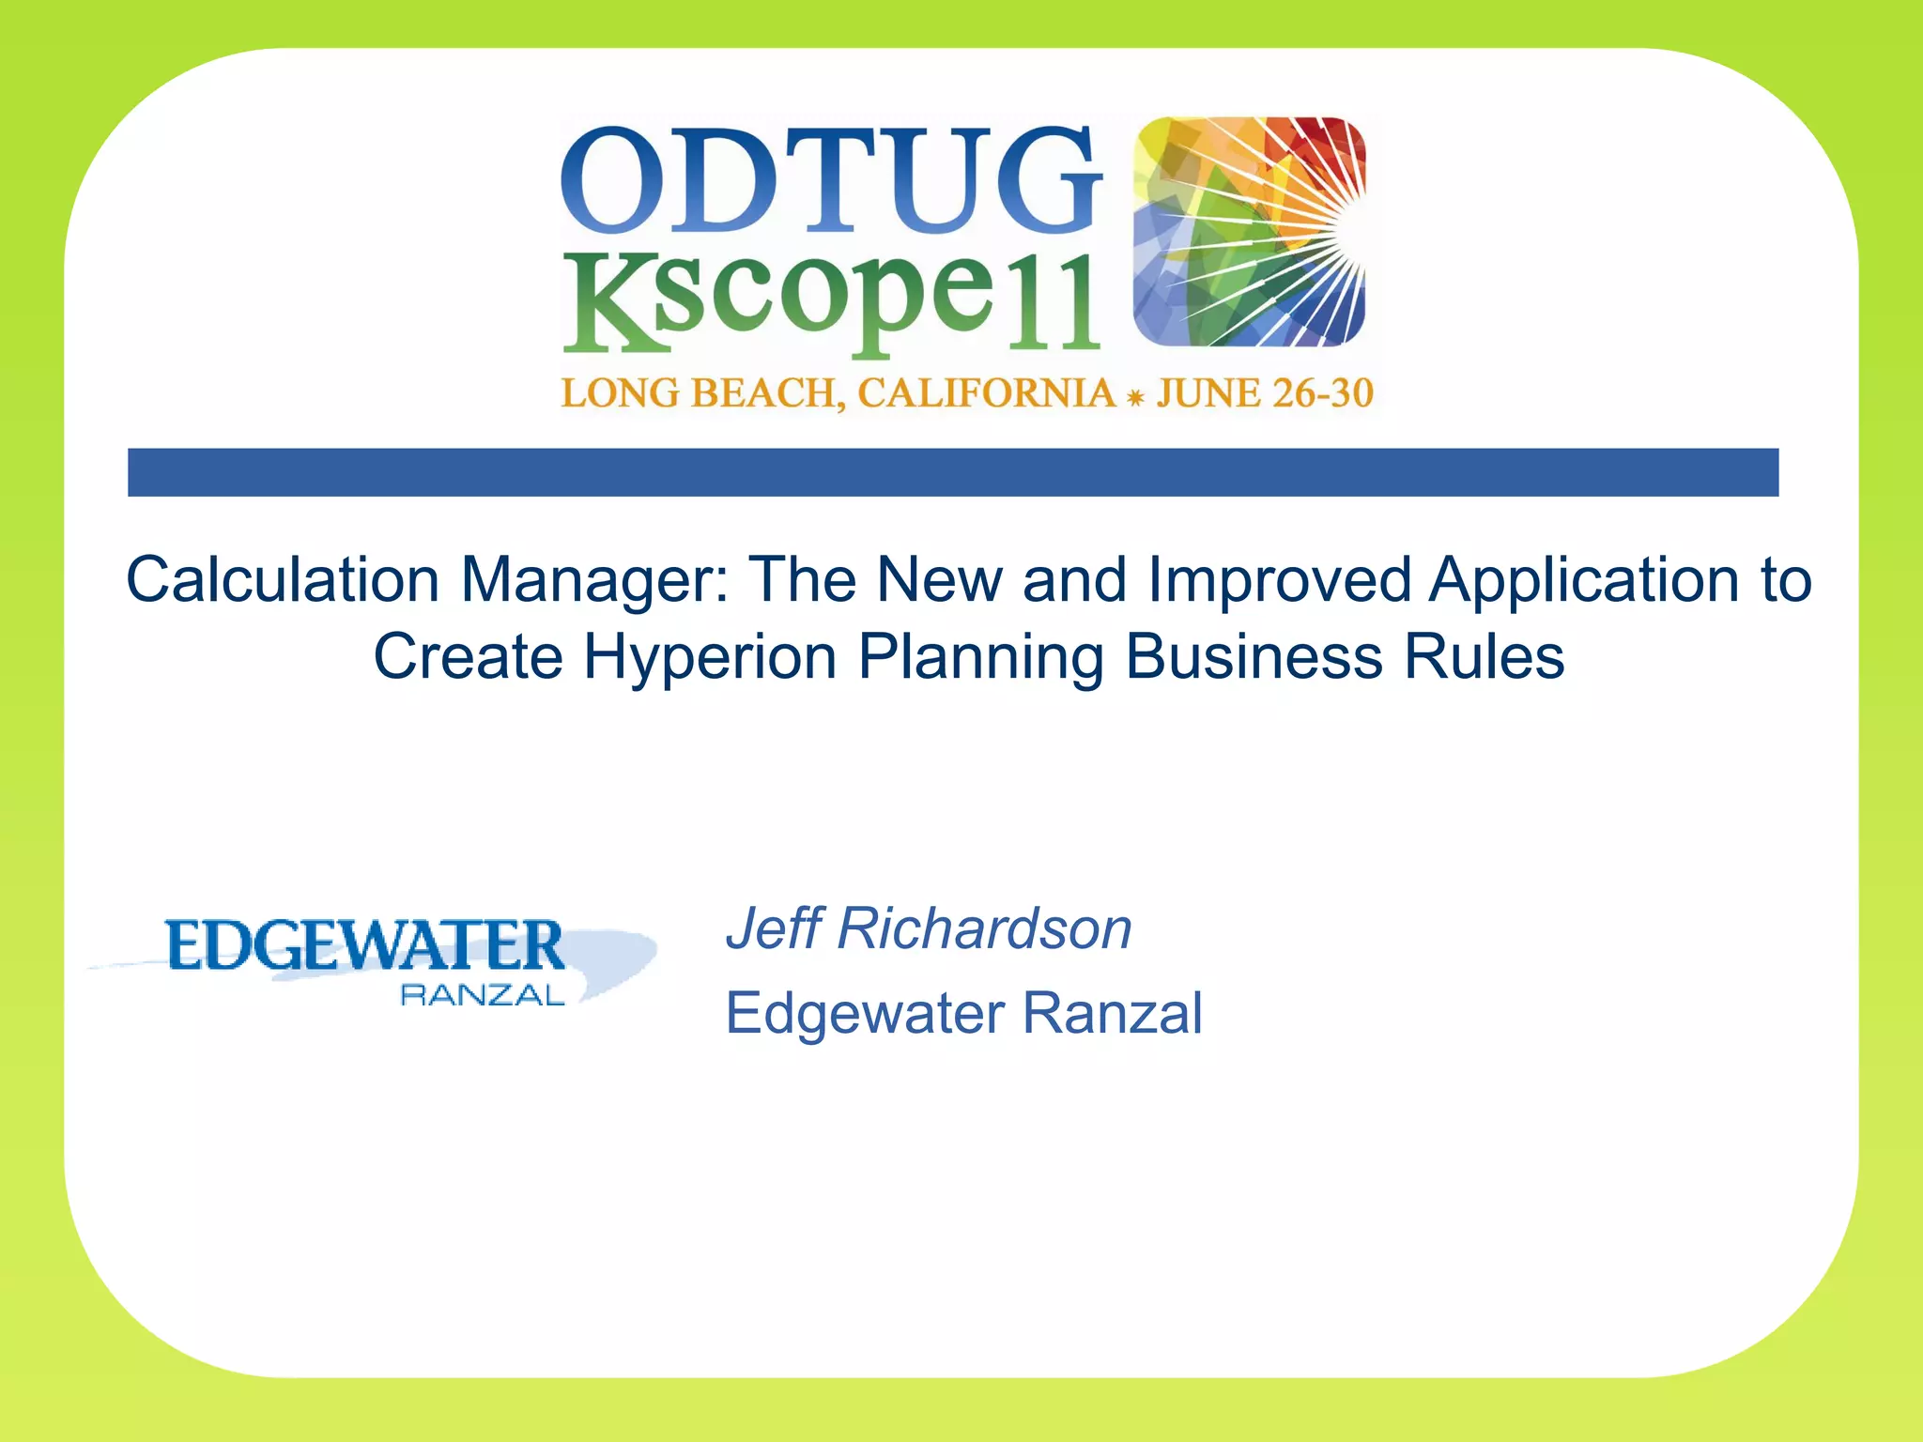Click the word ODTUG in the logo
831,180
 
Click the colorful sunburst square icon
1249,231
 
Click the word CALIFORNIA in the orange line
986,393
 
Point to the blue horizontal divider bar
952,472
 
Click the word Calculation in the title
283,579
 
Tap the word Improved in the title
1279,579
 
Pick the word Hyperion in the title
710,657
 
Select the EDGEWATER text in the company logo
365,945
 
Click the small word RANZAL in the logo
483,996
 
